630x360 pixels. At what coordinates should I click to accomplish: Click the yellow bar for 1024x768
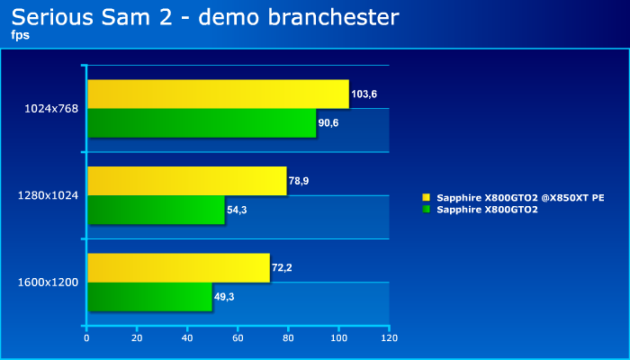point(218,94)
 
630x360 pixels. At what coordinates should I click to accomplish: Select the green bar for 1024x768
point(202,123)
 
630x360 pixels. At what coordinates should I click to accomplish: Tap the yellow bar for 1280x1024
point(187,181)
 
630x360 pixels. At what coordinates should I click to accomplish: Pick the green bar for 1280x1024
point(156,210)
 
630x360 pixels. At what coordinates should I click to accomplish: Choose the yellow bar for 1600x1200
point(179,267)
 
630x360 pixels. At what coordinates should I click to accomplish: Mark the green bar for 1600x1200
point(150,296)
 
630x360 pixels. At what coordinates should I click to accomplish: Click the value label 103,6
point(364,94)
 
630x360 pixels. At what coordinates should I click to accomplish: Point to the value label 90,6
point(328,123)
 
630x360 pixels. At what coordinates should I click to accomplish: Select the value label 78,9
point(299,181)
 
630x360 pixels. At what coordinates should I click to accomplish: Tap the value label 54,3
point(237,210)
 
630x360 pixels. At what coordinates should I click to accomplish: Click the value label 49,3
point(224,297)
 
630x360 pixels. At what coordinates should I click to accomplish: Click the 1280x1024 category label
point(49,195)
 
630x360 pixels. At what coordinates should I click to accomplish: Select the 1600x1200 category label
point(49,283)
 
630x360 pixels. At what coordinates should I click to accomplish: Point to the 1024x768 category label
point(51,109)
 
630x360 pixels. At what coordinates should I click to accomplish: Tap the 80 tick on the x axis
point(288,338)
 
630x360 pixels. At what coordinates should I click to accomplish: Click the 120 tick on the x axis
point(389,338)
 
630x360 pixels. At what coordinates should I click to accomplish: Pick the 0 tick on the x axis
point(86,338)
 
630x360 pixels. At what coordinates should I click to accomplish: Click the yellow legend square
point(427,197)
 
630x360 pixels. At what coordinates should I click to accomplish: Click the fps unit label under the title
point(21,35)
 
